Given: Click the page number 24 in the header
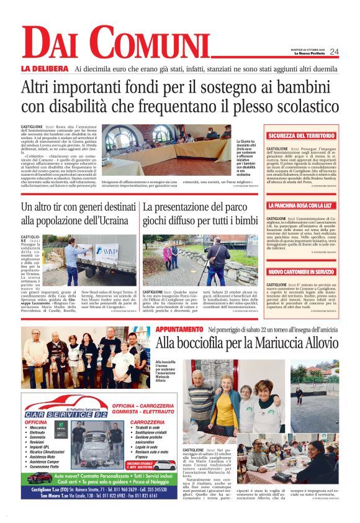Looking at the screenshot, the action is [x=334, y=52].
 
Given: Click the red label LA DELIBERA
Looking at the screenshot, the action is [x=44, y=68].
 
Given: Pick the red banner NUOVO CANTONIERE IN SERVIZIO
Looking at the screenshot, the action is [x=300, y=271].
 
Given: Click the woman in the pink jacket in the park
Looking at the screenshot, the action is [x=167, y=257].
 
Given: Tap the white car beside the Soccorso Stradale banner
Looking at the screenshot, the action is [x=164, y=465].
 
